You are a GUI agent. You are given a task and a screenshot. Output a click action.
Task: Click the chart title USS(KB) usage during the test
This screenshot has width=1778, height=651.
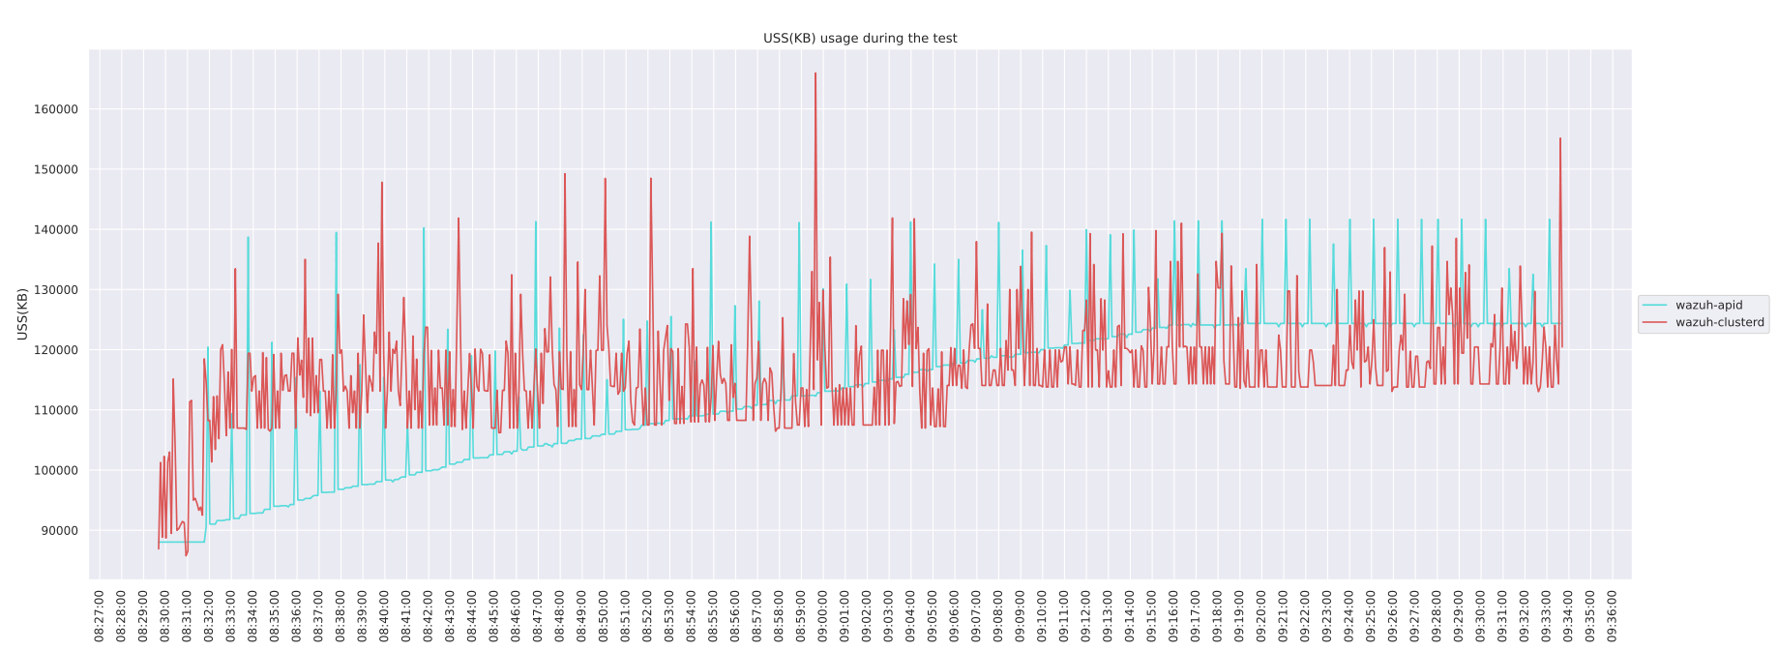860,39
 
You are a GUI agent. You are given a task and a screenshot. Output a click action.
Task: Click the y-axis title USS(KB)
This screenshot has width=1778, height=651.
22,313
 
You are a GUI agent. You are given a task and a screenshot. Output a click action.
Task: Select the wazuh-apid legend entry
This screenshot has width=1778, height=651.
1708,305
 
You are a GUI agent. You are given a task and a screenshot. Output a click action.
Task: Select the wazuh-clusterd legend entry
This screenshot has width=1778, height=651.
1719,322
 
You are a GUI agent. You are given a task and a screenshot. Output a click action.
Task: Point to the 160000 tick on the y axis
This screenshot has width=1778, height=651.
56,109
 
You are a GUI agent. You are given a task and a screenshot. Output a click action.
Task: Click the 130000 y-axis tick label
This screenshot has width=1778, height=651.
56,290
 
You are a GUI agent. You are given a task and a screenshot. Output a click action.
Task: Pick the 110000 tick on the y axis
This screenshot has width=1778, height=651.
56,410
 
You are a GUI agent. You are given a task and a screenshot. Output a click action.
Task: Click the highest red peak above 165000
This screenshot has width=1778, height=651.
815,74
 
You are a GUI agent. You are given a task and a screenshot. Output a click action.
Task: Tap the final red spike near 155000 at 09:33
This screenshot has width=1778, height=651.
1560,139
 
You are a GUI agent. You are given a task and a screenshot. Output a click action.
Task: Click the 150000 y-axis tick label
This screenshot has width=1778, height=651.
56,169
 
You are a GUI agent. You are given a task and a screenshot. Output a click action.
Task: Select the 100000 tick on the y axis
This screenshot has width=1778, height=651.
56,470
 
